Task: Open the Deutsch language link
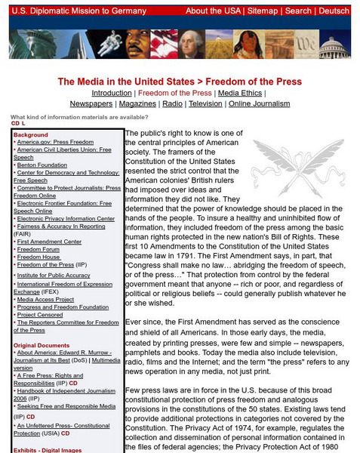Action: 334,11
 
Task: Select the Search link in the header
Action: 298,11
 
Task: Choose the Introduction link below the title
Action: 111,93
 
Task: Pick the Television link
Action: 205,103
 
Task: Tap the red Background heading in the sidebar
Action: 30,135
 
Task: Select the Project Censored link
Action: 42,315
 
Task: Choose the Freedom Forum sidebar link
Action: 39,249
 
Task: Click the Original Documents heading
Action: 45,345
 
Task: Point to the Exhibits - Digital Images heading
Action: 51,448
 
